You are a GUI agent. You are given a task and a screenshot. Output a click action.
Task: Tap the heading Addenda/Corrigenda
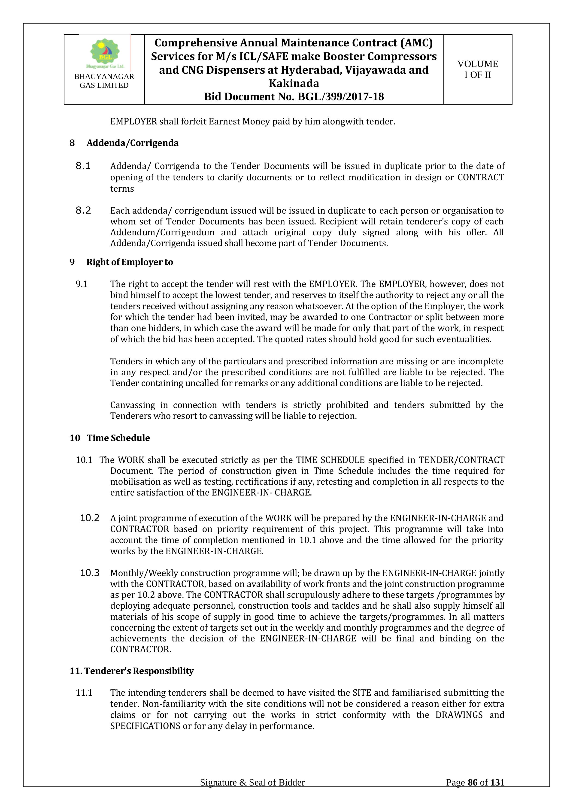132,143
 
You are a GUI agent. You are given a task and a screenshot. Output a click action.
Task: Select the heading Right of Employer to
130,262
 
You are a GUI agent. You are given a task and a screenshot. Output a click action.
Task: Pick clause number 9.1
82,284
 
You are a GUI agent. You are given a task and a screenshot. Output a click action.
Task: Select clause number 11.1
84,693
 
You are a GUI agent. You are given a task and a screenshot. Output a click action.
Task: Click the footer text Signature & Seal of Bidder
252,792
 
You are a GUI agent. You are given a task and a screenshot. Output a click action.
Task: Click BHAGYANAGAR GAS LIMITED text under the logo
104,81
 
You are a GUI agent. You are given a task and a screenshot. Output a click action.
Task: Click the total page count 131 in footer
497,792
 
